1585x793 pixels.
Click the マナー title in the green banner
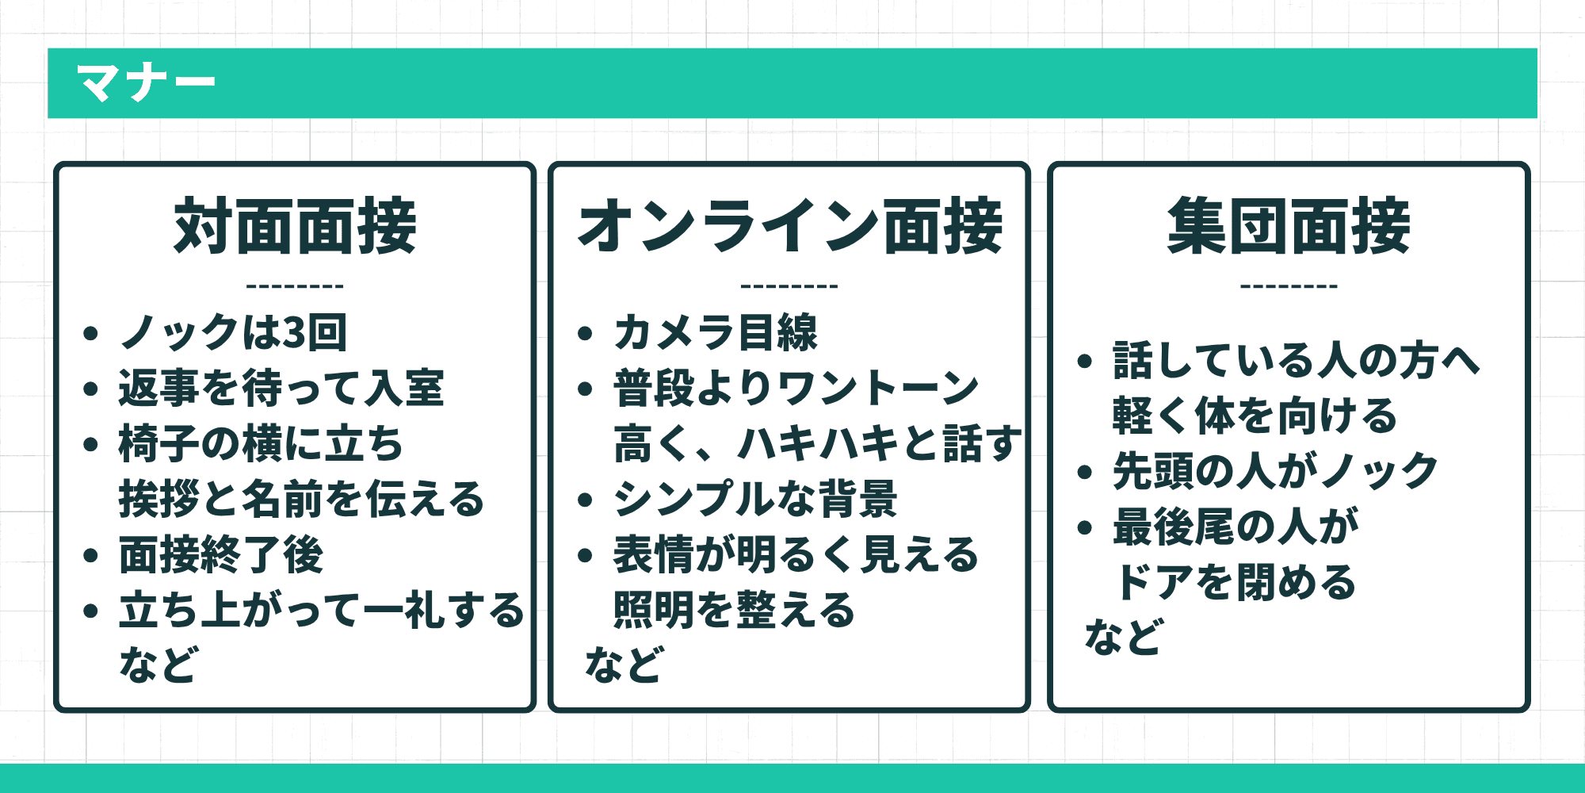[146, 82]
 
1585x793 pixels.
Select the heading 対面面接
[295, 227]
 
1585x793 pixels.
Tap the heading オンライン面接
[790, 227]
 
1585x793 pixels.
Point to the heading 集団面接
[1289, 227]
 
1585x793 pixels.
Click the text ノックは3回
[233, 332]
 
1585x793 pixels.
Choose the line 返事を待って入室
[281, 388]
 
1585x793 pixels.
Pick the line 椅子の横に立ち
[261, 443]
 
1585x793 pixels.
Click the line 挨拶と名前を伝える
[301, 499]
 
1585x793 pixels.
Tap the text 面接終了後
[221, 554]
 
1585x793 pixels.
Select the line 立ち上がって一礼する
[321, 610]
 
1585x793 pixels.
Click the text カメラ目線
[715, 332]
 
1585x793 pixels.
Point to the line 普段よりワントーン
[796, 388]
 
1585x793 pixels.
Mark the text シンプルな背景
[755, 499]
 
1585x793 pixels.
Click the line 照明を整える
[735, 610]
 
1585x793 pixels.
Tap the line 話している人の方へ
[1297, 360]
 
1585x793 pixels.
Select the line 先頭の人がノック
[1275, 471]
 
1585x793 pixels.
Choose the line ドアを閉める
[1235, 582]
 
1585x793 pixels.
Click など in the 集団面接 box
[1123, 637]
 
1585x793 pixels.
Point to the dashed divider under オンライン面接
[789, 286]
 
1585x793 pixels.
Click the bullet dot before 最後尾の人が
[1085, 528]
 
